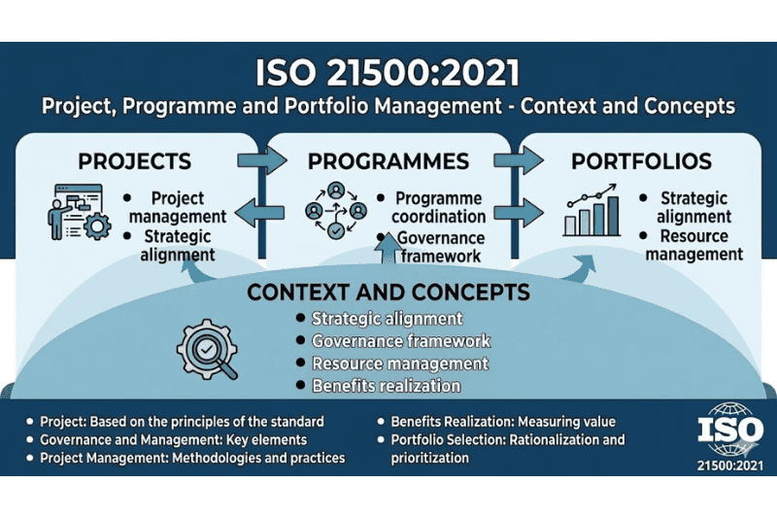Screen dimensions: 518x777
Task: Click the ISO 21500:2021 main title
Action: coord(388,74)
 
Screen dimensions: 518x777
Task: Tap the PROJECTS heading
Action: coord(134,161)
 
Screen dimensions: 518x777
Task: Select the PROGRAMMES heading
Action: coord(388,161)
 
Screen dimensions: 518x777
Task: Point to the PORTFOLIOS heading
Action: coord(642,161)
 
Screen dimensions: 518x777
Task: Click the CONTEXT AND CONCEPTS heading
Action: coord(388,292)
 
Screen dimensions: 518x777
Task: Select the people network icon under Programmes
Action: coord(335,209)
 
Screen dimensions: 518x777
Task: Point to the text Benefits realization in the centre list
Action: coord(386,386)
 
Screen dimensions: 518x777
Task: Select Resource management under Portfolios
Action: coord(694,245)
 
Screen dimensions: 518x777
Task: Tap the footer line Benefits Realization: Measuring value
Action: coord(503,422)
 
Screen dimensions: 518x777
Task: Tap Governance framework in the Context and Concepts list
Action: coord(400,341)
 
